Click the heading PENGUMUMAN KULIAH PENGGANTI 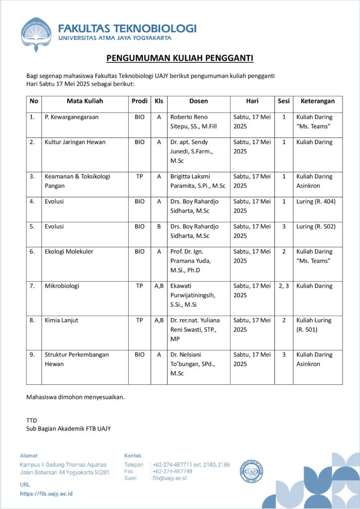[x=180, y=59]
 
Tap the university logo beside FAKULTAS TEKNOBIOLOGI [x=36, y=34]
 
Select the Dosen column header [x=198, y=101]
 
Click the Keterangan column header [x=317, y=101]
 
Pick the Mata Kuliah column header [x=85, y=101]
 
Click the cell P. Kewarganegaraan [x=72, y=117]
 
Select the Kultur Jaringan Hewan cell [x=75, y=142]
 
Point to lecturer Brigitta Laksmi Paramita [x=198, y=181]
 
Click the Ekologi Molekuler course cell [x=69, y=252]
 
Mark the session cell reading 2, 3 [x=283, y=286]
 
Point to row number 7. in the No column [x=32, y=286]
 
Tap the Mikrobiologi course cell [x=62, y=286]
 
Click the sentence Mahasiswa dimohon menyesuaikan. [x=75, y=397]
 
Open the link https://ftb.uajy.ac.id [x=46, y=494]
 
